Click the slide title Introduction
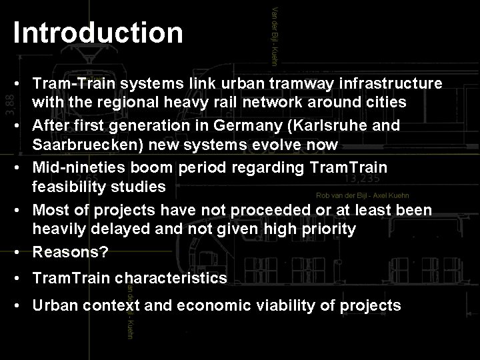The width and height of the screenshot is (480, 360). [98, 33]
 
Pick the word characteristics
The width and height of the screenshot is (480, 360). [171, 277]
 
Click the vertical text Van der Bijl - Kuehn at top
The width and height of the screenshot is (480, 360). [275, 33]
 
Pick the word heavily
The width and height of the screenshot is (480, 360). [63, 229]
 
